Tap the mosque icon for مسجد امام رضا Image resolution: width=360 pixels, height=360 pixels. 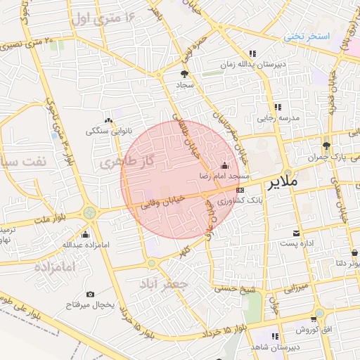[224, 166]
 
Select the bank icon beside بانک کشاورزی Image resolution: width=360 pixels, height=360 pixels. [240, 189]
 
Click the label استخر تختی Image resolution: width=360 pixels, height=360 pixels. [307, 35]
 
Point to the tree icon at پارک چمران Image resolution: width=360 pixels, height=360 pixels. [326, 146]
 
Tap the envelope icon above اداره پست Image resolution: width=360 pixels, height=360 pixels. [296, 232]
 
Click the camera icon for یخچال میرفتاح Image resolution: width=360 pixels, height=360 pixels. [90, 294]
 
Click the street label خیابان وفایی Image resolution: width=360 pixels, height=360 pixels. [162, 204]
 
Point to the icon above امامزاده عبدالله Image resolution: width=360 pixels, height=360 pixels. [86, 234]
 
